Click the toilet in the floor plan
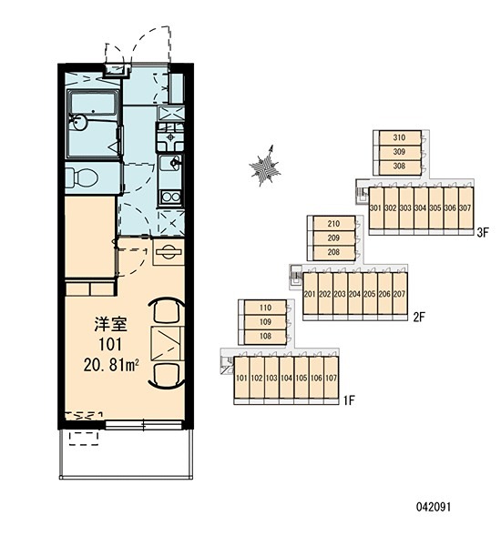(x=81, y=177)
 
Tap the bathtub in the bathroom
(x=94, y=102)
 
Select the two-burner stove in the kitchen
(x=171, y=197)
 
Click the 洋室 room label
(x=110, y=324)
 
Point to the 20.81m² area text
(x=111, y=365)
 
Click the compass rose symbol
(x=266, y=167)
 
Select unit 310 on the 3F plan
(x=400, y=138)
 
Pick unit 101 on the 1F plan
(x=241, y=378)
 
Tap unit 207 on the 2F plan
(x=400, y=294)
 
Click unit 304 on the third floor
(x=421, y=208)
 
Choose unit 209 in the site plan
(x=333, y=238)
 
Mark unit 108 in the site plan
(x=265, y=337)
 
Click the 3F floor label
(x=483, y=232)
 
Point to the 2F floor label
(x=419, y=318)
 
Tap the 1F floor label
(x=349, y=400)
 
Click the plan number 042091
(x=434, y=507)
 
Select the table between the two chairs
(x=168, y=344)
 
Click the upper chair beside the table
(x=167, y=310)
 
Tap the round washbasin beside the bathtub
(x=79, y=123)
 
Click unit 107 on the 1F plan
(x=332, y=378)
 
